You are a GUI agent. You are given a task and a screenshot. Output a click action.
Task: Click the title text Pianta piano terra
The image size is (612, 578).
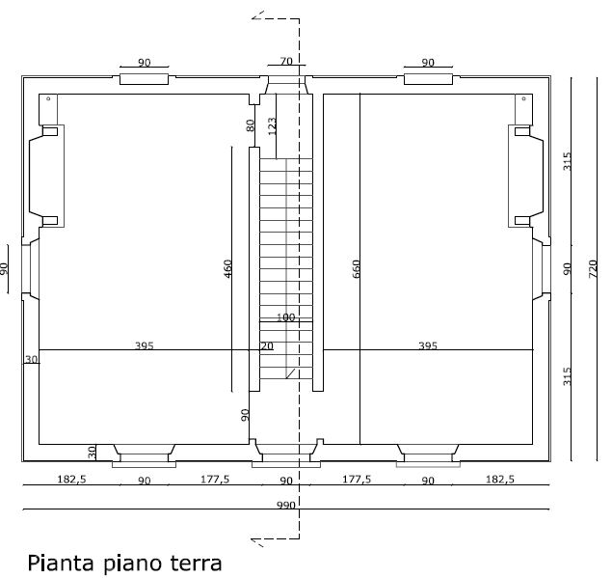click(125, 562)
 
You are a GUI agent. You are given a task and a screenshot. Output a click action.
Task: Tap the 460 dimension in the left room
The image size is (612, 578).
click(228, 268)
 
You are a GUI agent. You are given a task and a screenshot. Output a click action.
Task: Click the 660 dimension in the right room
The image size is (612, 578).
click(356, 268)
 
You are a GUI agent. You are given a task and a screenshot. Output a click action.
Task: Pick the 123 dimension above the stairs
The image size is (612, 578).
click(273, 125)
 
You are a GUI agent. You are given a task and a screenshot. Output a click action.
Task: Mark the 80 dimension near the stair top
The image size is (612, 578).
click(250, 125)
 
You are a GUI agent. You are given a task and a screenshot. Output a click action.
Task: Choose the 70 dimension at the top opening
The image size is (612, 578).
click(285, 62)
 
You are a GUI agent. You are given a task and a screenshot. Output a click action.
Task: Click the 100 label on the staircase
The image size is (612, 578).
click(285, 317)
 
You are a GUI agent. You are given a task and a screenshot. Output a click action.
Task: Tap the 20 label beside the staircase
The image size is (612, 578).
click(266, 345)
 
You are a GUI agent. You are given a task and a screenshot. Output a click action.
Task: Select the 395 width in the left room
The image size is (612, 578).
click(144, 344)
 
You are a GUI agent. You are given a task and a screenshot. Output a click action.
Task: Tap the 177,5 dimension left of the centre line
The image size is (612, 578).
click(214, 480)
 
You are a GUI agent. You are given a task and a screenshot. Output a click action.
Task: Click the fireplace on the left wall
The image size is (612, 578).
click(47, 175)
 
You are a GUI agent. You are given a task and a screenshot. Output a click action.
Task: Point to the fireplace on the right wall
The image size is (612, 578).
click(524, 175)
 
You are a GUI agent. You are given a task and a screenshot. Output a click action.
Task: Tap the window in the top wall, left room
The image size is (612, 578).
click(144, 77)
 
